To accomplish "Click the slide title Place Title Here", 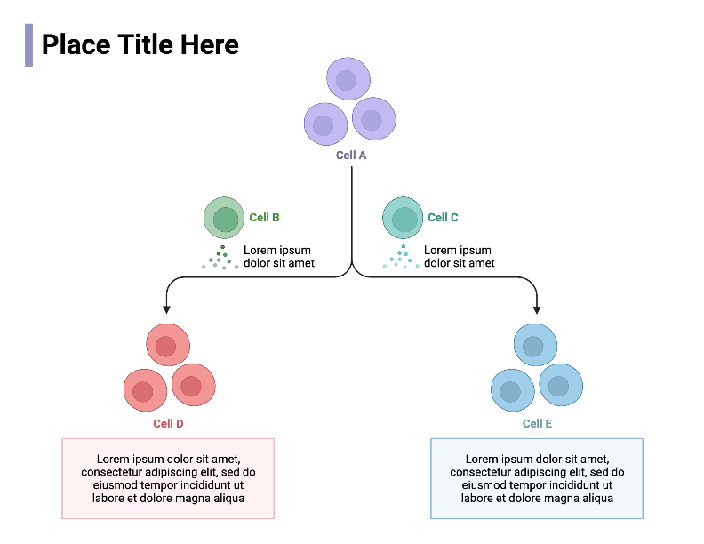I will coord(140,44).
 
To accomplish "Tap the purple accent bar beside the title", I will coord(28,45).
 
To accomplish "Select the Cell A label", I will coord(351,156).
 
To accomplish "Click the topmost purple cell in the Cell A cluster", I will coord(348,79).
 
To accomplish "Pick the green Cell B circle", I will coord(224,218).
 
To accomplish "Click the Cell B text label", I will coord(264,218).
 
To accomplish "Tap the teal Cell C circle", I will coord(404,218).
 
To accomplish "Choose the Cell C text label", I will coord(443,218).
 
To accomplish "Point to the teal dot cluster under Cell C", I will coord(402,258).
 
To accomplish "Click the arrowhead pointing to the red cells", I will coord(166,309).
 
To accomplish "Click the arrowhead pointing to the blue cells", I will coord(537,309).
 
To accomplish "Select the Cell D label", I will coord(168,424).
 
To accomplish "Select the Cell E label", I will coord(537,424).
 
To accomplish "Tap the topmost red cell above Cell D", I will coord(167,345).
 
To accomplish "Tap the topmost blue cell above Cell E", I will coord(535,346).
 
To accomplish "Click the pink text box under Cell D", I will coord(168,478).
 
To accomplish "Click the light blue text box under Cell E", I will coord(537,478).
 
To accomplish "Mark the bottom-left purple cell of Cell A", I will coord(325,124).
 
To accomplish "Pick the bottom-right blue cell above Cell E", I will coord(560,386).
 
